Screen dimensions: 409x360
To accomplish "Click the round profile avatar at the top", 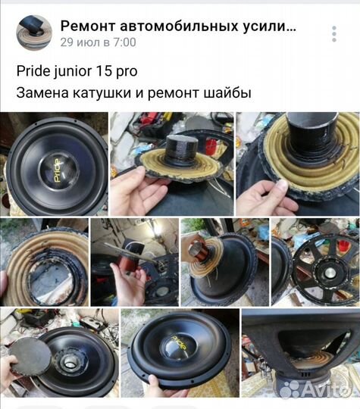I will (34, 33).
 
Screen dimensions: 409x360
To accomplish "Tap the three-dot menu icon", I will (333, 33).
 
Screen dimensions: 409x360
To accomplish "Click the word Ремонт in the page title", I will (86, 27).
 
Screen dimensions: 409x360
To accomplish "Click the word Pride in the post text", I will (33, 72).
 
